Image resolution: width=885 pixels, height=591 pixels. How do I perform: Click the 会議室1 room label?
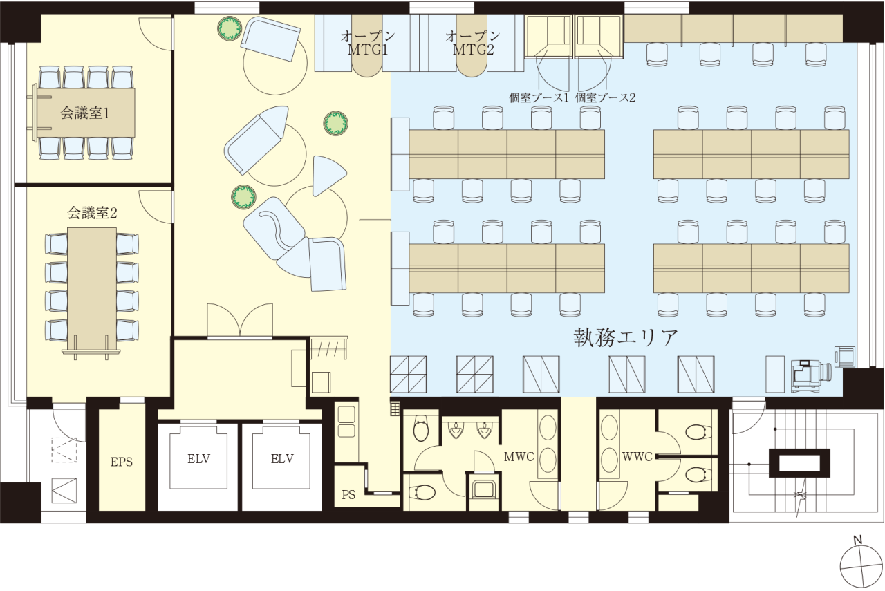click(x=84, y=114)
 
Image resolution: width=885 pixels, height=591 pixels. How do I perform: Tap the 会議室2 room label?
click(x=92, y=214)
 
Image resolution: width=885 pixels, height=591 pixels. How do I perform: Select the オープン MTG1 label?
click(x=367, y=44)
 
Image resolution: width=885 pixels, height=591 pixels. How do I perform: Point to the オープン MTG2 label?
click(x=473, y=44)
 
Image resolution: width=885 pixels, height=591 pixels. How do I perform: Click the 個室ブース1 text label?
click(x=539, y=97)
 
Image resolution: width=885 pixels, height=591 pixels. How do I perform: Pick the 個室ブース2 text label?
click(x=605, y=97)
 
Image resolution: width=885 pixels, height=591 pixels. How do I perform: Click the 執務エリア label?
click(x=626, y=338)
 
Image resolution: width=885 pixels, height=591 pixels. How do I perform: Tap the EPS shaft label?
click(x=121, y=462)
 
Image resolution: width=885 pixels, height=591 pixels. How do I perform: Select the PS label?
click(x=348, y=495)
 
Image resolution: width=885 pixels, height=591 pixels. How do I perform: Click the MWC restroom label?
click(x=519, y=457)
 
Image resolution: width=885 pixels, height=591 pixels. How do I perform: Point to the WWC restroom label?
click(x=637, y=457)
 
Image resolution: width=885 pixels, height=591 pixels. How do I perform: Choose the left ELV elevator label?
click(x=198, y=459)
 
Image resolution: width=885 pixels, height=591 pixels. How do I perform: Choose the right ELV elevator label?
click(x=282, y=459)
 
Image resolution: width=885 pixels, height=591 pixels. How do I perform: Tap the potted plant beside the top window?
click(x=229, y=28)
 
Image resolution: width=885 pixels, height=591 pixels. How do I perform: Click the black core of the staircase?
click(x=799, y=463)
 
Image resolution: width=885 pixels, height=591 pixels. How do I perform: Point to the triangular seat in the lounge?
click(x=326, y=176)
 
